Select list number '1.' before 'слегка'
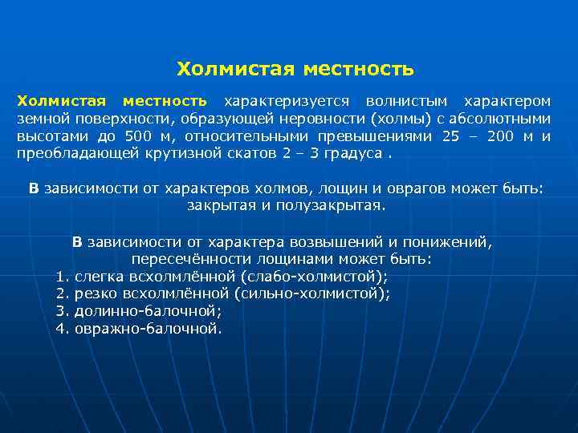click(x=63, y=277)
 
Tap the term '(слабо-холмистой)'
click(x=314, y=277)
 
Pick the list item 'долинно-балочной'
click(x=148, y=310)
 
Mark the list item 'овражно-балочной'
click(x=147, y=328)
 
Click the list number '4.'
click(x=63, y=328)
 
